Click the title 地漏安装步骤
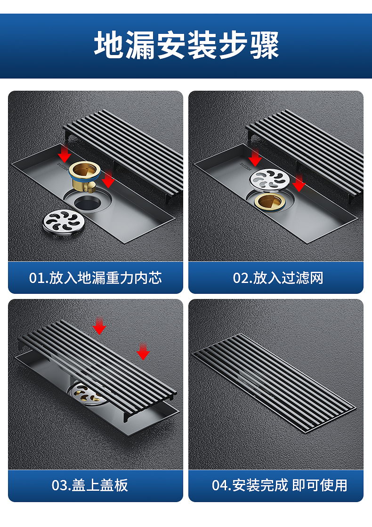186,45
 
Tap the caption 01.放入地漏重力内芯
95,278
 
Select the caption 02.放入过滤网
278,278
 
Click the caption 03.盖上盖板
90,485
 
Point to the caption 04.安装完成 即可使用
279,485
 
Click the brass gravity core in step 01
84,176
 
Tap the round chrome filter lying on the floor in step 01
64,222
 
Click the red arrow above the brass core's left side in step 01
65,153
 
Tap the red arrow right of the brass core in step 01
108,179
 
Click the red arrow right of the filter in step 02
299,183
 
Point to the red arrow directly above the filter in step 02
255,157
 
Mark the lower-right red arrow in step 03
143,351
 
